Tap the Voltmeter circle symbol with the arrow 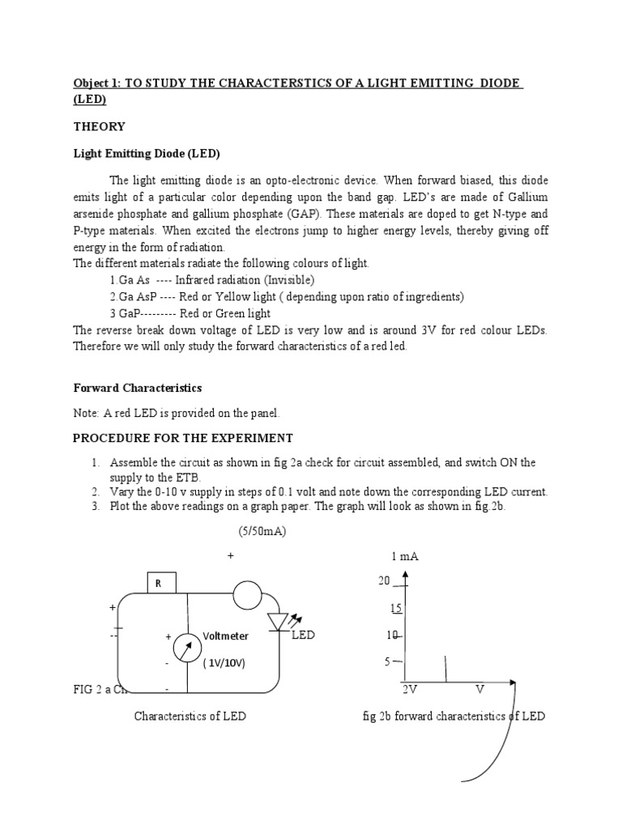point(188,649)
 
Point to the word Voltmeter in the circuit point(226,636)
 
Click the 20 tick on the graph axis point(384,580)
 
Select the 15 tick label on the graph point(395,608)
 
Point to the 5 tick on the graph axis point(387,662)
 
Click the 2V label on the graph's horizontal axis point(410,690)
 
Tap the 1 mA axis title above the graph point(404,557)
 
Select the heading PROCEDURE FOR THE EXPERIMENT point(183,438)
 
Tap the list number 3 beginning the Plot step point(95,507)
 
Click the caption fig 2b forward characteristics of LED point(454,716)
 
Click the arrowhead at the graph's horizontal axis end point(515,682)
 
